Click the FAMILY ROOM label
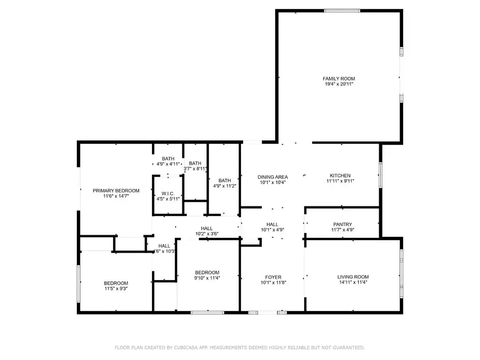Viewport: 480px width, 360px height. click(x=339, y=78)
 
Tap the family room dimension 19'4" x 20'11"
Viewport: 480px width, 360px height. click(x=339, y=84)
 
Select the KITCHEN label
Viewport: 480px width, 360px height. click(x=340, y=175)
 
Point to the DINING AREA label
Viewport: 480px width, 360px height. click(x=273, y=177)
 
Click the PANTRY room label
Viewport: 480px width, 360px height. click(x=342, y=225)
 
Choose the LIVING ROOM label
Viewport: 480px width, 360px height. click(x=353, y=277)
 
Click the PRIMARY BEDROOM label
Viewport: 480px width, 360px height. click(x=116, y=190)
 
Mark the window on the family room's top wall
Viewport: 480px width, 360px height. click(x=342, y=10)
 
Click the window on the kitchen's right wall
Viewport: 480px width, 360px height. click(x=380, y=175)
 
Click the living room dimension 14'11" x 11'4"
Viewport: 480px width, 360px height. click(x=353, y=283)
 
